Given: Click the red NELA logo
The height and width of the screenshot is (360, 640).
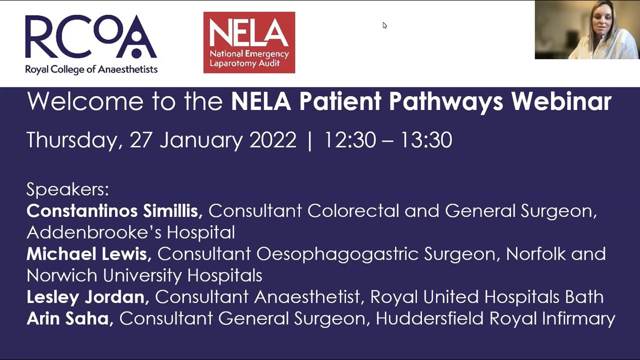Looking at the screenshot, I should click(x=249, y=42).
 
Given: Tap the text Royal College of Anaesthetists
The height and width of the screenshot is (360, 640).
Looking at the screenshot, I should click(x=91, y=69).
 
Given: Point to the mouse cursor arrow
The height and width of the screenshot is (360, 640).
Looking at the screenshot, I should click(x=384, y=25).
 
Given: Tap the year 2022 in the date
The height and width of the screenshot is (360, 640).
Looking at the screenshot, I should click(x=272, y=140).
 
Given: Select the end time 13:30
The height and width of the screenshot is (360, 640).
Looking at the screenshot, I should click(x=425, y=140).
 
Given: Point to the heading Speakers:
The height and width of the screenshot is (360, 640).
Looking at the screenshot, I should click(x=67, y=189).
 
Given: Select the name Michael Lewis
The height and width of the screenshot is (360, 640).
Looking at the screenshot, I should click(x=88, y=254).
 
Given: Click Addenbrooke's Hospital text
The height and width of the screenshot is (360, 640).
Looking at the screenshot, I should click(x=130, y=232).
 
